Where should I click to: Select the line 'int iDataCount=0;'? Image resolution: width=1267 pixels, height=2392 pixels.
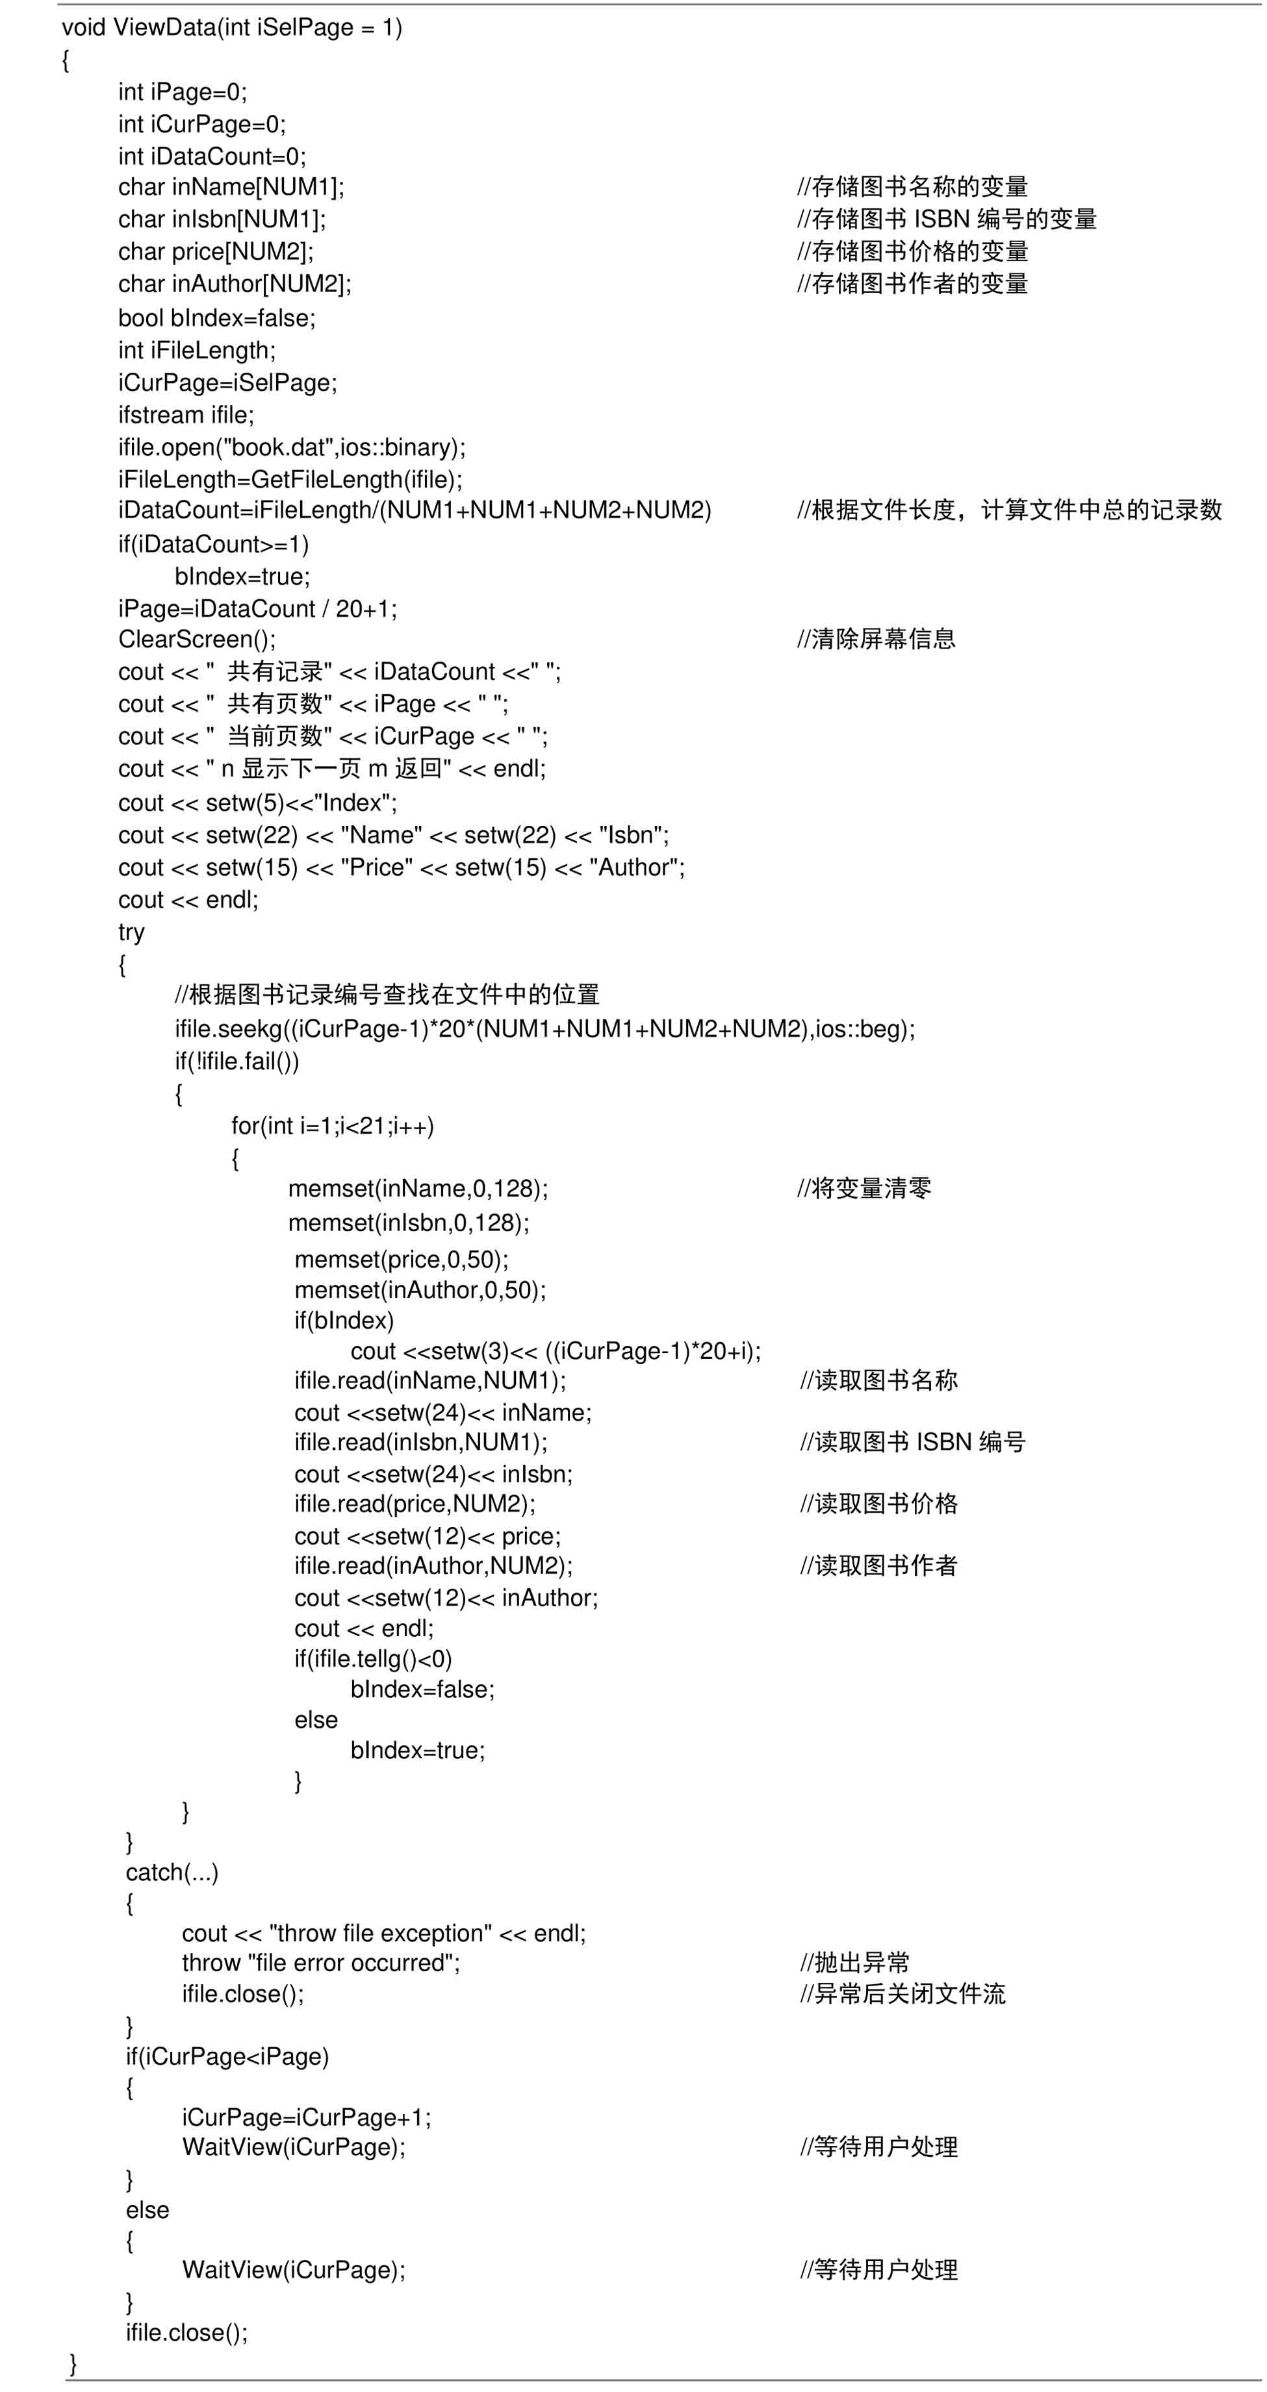click(212, 156)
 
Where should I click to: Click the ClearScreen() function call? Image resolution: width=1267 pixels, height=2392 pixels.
click(197, 640)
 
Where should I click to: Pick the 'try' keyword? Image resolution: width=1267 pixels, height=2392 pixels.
click(131, 932)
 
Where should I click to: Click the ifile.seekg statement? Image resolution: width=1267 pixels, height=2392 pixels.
click(544, 1029)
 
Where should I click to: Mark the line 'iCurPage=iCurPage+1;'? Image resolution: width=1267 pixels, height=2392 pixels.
click(307, 2117)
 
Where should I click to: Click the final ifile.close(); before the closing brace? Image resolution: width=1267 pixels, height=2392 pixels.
click(186, 2332)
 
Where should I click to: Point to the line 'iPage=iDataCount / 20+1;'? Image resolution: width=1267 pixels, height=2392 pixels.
click(257, 609)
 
